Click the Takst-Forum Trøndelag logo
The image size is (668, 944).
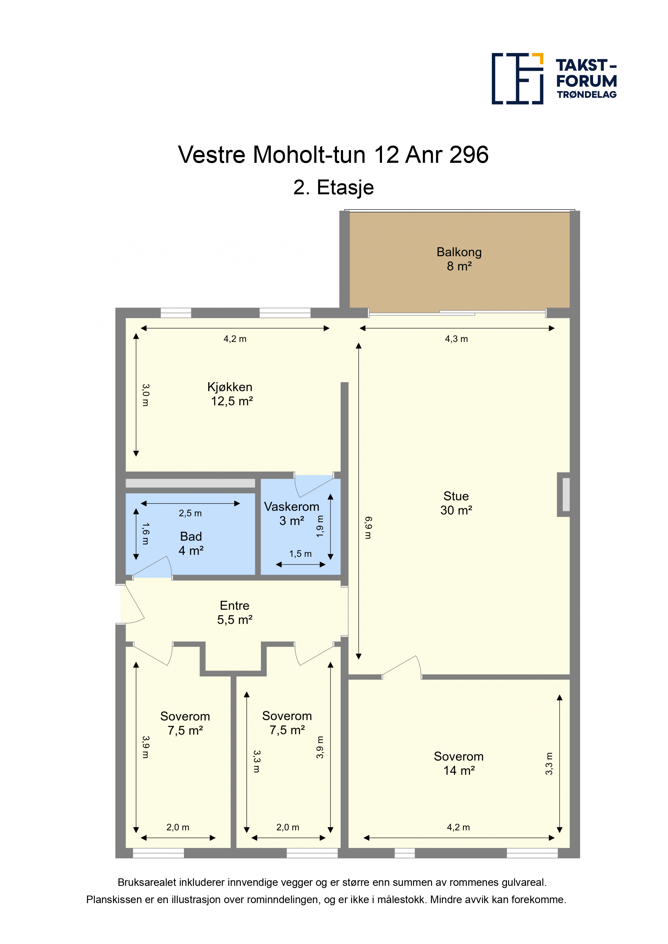tap(554, 79)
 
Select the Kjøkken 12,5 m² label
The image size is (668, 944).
tap(231, 394)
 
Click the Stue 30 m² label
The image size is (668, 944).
tap(456, 503)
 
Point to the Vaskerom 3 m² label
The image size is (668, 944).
tap(291, 513)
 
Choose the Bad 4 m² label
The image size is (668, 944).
tap(191, 543)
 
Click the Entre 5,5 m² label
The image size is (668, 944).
tap(235, 612)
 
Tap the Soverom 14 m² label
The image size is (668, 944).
tap(458, 763)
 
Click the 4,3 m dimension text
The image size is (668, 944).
tap(456, 339)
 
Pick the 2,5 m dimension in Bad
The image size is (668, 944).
tap(190, 513)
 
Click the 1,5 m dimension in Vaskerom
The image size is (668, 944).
tap(300, 554)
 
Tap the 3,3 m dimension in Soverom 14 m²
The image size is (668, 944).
tap(549, 763)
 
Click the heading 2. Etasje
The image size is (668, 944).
tap(333, 188)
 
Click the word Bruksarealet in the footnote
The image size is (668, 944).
tap(147, 882)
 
